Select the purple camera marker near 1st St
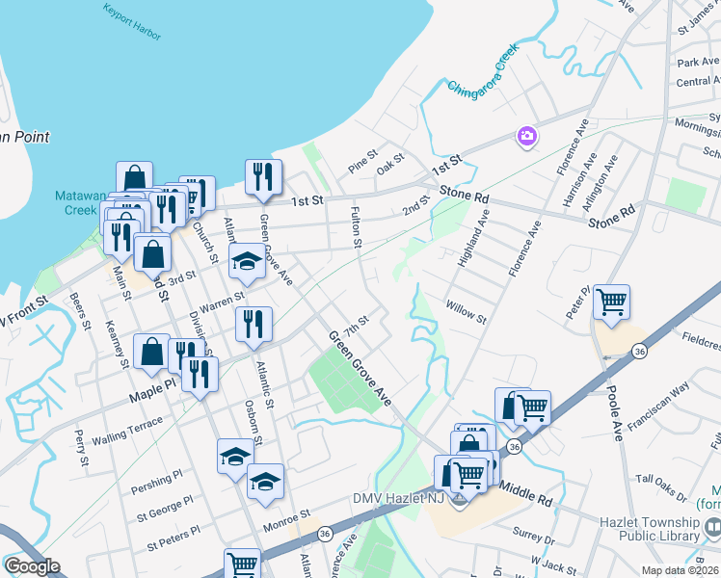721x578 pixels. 527,137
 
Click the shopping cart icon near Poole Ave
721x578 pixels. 612,302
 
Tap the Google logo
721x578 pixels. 32,566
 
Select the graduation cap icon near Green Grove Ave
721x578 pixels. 247,261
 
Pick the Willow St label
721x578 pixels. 467,311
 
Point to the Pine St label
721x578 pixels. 362,157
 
